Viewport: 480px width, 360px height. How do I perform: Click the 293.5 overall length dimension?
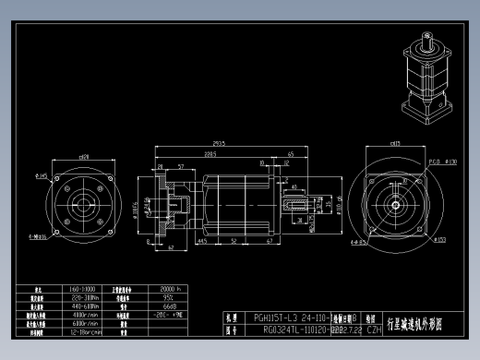219,144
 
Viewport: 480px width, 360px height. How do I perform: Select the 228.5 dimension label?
210,155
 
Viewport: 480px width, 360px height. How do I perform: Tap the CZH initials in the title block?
375,328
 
